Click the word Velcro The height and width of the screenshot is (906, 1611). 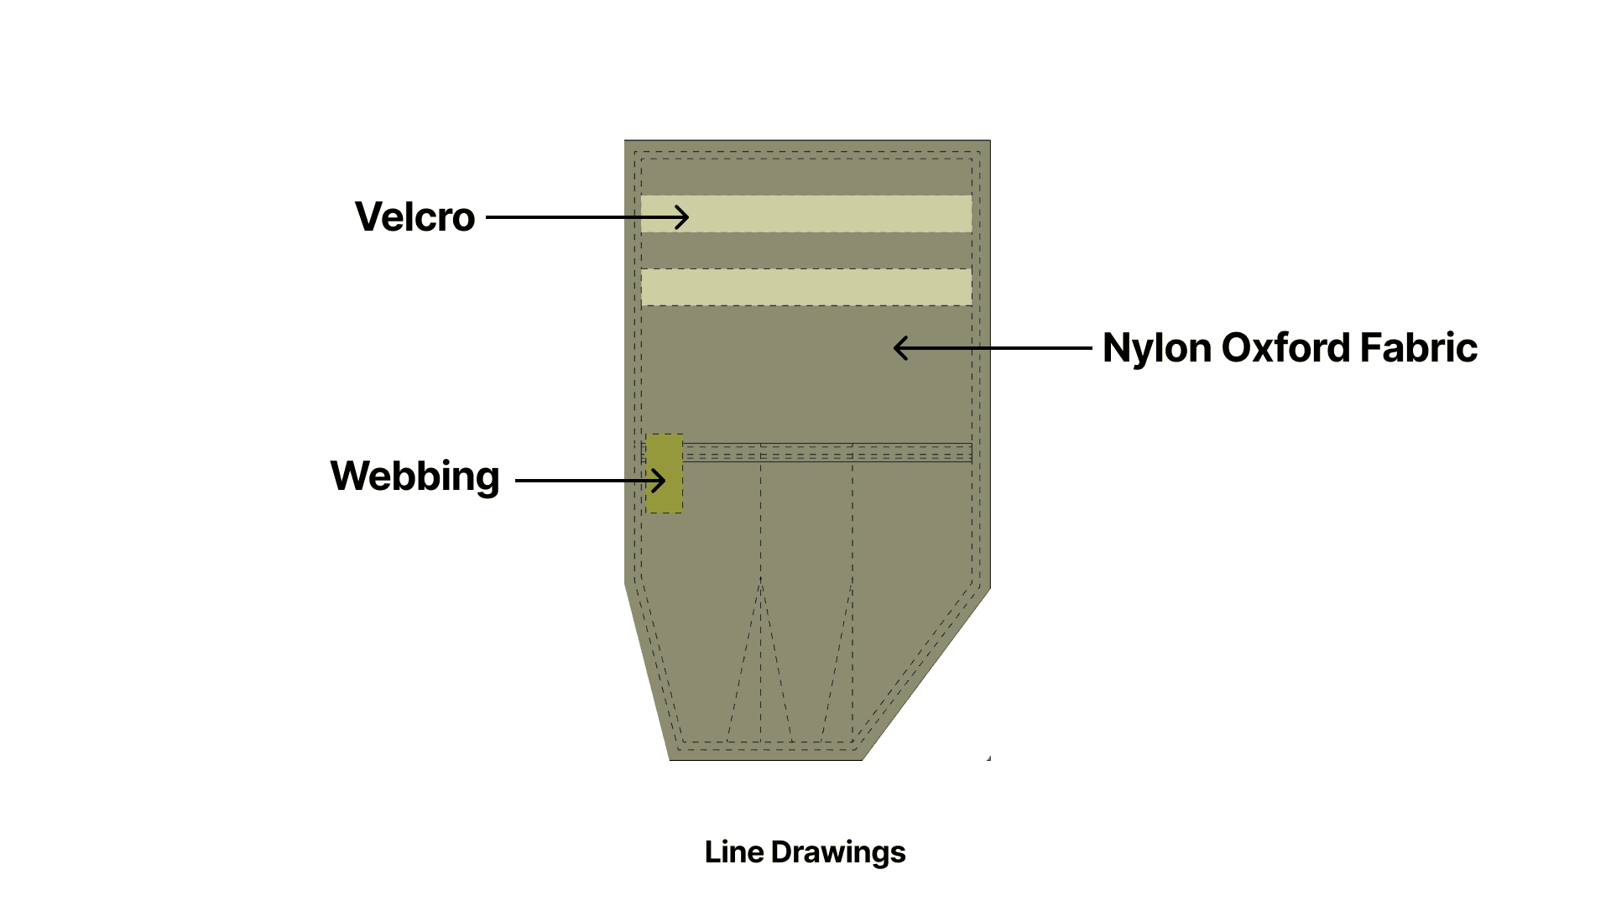pyautogui.click(x=414, y=217)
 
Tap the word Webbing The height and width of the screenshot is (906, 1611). pyautogui.click(x=414, y=476)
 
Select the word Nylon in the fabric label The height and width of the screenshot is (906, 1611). pyautogui.click(x=1156, y=348)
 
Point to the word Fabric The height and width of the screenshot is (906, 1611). pyautogui.click(x=1418, y=348)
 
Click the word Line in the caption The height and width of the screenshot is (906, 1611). pyautogui.click(x=734, y=852)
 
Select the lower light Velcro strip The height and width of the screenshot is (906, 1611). pyautogui.click(x=805, y=287)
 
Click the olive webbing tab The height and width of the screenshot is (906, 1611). pyautogui.click(x=664, y=495)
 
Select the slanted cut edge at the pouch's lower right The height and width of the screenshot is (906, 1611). pyautogui.click(x=927, y=674)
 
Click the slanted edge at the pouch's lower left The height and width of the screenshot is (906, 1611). pyautogui.click(x=647, y=671)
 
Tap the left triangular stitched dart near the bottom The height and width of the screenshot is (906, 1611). pyautogui.click(x=760, y=671)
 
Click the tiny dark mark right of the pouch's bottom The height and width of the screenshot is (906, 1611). pyautogui.click(x=989, y=758)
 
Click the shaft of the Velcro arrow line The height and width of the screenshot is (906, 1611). pyautogui.click(x=579, y=217)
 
